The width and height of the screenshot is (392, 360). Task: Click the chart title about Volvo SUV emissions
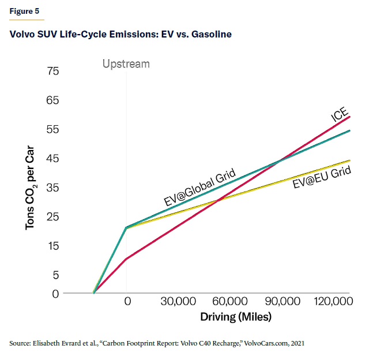click(120, 35)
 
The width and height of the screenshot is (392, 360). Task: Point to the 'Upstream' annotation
click(126, 64)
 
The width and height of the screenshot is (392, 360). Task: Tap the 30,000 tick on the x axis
click(176, 302)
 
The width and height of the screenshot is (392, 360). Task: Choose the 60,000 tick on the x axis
click(229, 302)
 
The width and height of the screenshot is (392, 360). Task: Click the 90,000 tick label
click(282, 302)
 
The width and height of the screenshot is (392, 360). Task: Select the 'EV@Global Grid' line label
click(199, 187)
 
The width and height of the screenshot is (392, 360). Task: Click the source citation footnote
click(156, 343)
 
